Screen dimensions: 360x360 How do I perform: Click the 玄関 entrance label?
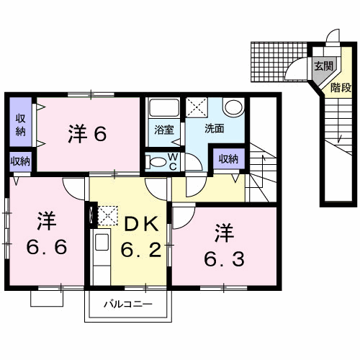click(324, 66)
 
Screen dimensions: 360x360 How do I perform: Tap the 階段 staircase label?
click(341, 88)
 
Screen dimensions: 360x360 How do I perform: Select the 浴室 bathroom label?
click(164, 130)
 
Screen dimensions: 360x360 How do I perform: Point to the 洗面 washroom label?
click(215, 129)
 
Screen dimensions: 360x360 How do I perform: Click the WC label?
click(173, 162)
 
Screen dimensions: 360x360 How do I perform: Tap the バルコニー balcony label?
click(128, 305)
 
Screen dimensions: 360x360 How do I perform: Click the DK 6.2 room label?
click(141, 236)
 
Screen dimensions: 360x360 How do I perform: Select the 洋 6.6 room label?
click(47, 233)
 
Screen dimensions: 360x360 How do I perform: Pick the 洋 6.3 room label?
click(225, 245)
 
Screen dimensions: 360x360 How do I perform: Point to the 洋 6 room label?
click(87, 134)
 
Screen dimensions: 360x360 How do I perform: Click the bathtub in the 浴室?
click(164, 108)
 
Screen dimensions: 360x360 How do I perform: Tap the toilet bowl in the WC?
click(157, 162)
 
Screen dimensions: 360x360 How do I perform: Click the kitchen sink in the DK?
click(102, 242)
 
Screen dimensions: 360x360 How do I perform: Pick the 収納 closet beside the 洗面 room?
click(229, 158)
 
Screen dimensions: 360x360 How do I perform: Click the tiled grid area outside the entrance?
click(279, 62)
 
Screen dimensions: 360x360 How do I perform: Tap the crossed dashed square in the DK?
click(108, 215)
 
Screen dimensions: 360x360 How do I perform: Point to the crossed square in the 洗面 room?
click(197, 107)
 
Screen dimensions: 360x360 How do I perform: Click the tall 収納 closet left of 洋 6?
click(21, 122)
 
